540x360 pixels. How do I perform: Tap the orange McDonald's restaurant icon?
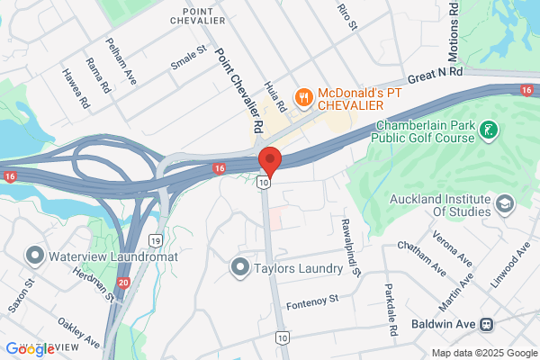click(305, 96)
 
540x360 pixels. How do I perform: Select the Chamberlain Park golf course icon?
click(488, 131)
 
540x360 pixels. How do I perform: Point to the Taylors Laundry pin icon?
click(240, 267)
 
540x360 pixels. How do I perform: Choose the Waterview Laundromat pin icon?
click(35, 256)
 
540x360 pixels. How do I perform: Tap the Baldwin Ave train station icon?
click(486, 324)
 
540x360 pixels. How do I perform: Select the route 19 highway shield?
click(155, 240)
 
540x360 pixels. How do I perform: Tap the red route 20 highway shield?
click(123, 283)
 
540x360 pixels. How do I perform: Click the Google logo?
click(31, 348)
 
